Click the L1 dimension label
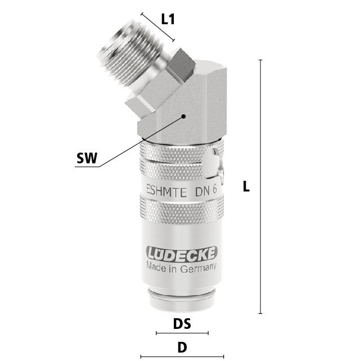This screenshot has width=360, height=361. coord(168,19)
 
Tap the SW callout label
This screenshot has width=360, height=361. coord(87,158)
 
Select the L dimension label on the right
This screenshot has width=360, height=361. coord(246,186)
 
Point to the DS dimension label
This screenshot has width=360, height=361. coord(182,323)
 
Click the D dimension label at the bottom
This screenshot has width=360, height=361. coord(182,347)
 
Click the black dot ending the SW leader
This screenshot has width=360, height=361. coord(183,116)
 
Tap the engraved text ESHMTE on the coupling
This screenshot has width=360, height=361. coord(166,191)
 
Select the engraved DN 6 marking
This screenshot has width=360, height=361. coord(206,190)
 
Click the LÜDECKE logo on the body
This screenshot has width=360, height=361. coord(182,254)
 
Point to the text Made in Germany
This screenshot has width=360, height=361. coord(181,268)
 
